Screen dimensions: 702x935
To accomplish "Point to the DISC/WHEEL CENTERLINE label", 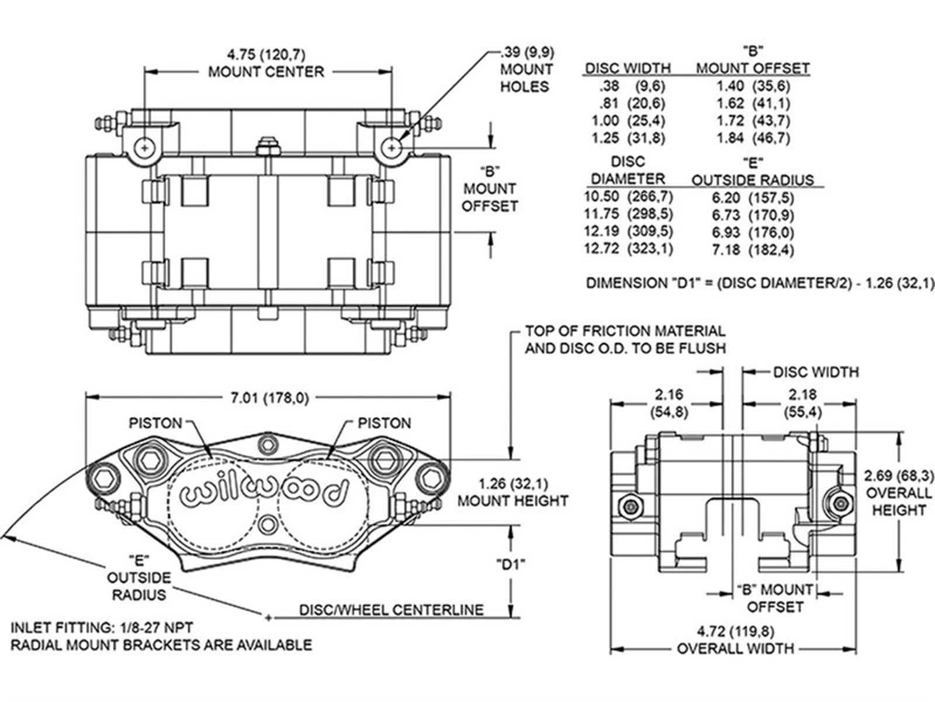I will pyautogui.click(x=392, y=610).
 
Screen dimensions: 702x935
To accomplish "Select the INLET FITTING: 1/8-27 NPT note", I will pyautogui.click(x=102, y=628).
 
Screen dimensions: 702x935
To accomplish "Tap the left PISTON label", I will pyautogui.click(x=155, y=422).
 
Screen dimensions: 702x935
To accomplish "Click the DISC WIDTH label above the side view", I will pyautogui.click(x=816, y=371).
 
